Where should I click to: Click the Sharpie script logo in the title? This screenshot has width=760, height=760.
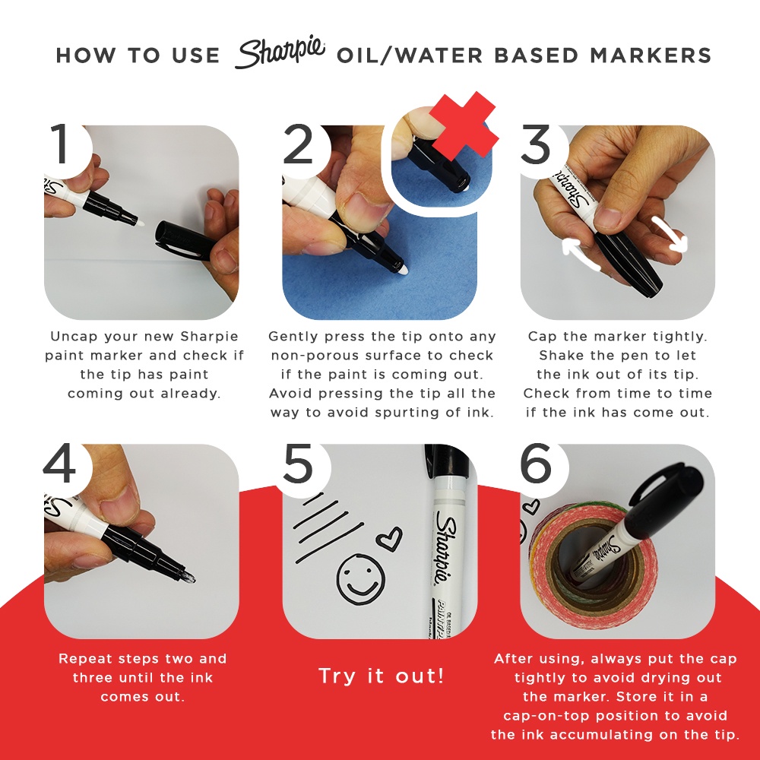(x=280, y=53)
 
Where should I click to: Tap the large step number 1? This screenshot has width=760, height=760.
(x=61, y=144)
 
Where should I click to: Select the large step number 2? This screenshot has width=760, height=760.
(x=298, y=144)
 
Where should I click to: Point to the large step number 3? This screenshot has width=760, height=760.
(x=536, y=144)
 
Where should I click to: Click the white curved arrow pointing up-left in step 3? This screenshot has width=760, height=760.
(x=580, y=254)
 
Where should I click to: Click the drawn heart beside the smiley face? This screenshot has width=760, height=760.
(x=390, y=538)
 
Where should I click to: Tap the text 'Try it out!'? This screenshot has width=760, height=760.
(x=381, y=676)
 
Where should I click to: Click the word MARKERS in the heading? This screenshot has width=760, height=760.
(x=651, y=55)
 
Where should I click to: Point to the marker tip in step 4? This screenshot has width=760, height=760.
(x=188, y=577)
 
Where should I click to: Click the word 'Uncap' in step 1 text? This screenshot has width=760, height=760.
(x=74, y=337)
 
